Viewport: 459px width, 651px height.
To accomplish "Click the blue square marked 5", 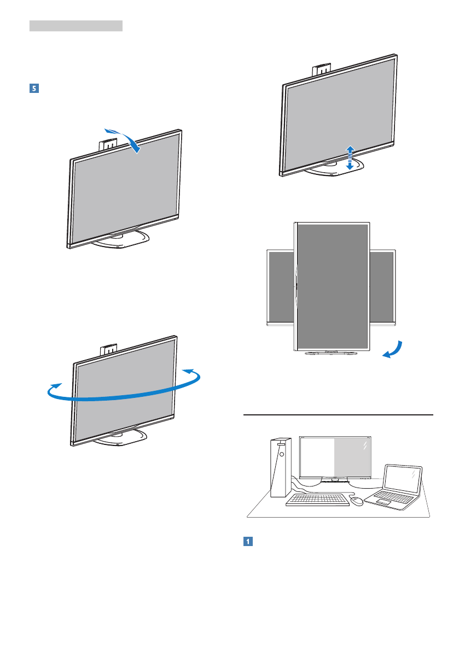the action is click(33, 88).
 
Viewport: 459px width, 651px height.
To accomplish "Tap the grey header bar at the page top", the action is click(75, 26).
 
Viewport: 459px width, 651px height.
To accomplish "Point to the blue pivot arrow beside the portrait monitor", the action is click(394, 350).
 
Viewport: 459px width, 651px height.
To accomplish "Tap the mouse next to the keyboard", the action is click(357, 500).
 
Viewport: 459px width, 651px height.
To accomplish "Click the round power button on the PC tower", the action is click(280, 453).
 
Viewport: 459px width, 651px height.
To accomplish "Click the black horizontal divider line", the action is click(337, 414).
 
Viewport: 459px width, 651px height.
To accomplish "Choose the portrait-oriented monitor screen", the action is click(333, 286).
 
